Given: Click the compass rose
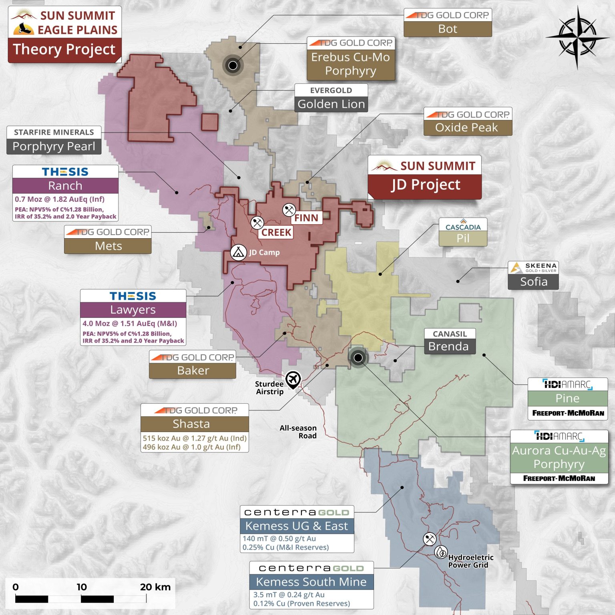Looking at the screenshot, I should [577, 38].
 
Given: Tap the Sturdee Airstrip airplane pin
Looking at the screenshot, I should [293, 379].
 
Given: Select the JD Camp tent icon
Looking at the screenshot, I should [238, 252].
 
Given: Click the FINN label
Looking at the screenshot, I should [306, 218].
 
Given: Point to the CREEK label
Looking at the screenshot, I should [276, 232].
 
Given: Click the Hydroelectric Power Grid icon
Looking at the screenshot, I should [441, 552].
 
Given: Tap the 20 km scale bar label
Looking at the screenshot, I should [155, 587].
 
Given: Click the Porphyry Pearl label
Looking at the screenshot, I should [54, 146].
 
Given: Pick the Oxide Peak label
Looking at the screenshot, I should [467, 127].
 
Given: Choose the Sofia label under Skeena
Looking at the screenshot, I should [533, 281].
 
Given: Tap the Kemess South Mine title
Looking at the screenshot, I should [311, 582].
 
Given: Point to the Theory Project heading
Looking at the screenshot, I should [64, 49].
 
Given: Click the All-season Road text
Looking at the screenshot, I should [299, 432].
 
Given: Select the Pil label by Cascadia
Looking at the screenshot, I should [463, 238].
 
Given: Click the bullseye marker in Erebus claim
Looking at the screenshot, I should [233, 65].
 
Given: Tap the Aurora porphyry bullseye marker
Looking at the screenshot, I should [358, 358].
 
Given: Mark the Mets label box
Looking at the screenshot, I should [108, 246].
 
